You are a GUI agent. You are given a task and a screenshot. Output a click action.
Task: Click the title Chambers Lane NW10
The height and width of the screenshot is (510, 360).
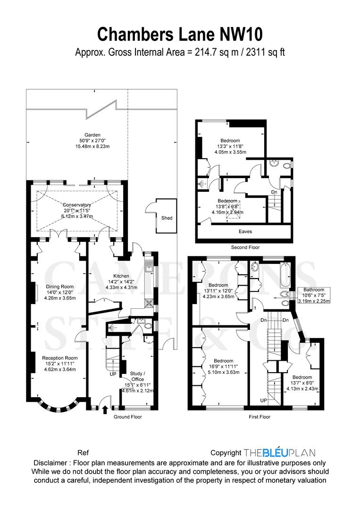pyautogui.click(x=180, y=34)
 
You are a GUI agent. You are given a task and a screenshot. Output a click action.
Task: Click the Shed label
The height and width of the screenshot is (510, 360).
pyautogui.click(x=167, y=218)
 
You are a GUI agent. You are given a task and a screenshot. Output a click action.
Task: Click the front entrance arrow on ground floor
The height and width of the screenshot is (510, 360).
pyautogui.click(x=105, y=409)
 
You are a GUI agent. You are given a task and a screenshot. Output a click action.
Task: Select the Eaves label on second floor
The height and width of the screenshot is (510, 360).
pyautogui.click(x=245, y=231)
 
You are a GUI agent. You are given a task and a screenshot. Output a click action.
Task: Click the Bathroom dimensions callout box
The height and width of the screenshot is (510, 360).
pyautogui.click(x=314, y=295)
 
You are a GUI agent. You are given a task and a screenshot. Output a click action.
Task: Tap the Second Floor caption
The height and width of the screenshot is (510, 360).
pyautogui.click(x=245, y=247)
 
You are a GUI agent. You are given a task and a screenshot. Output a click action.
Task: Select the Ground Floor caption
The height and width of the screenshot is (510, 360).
pyautogui.click(x=127, y=417)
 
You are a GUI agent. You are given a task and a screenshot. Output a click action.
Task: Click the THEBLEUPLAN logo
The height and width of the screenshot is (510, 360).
pyautogui.click(x=280, y=452)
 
